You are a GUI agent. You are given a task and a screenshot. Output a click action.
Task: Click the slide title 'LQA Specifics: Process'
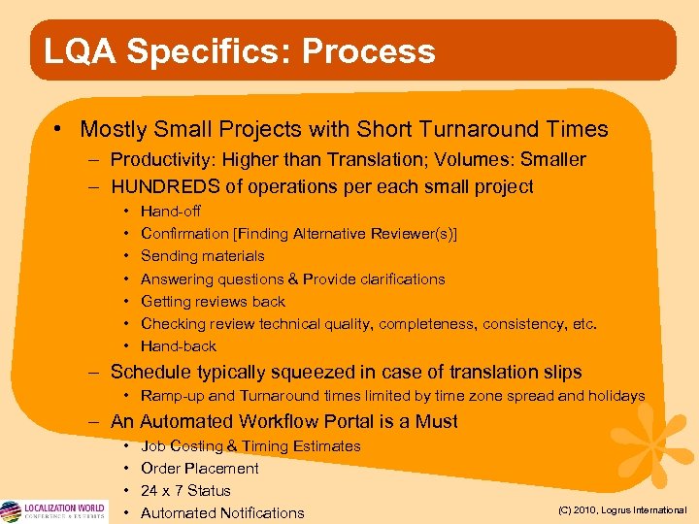pos(233,51)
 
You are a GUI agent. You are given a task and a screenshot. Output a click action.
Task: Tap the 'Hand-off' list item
pos(171,211)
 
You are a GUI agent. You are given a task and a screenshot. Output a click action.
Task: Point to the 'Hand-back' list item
pos(179,345)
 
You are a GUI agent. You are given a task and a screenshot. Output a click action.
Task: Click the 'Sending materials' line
pos(202,256)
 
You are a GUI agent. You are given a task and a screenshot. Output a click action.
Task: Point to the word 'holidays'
pos(616,396)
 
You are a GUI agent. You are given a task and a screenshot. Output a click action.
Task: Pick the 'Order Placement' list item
pos(200,469)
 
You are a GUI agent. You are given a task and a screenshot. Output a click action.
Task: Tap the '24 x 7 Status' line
pos(185,491)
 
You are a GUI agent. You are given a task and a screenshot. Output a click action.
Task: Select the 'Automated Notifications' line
pos(222,513)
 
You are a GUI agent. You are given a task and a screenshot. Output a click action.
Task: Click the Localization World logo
pos(52,511)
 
